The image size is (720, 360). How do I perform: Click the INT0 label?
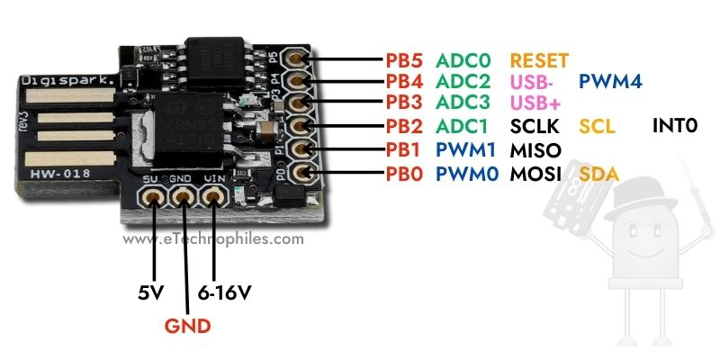pos(675,126)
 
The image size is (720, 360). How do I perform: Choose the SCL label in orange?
pos(597,126)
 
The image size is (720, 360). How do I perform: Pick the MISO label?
pos(535,148)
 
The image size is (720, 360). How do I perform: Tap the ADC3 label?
pos(464,103)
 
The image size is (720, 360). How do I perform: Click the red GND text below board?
pos(187,325)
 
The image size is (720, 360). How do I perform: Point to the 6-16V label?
pos(222,292)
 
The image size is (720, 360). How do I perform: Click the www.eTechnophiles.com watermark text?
pos(213,239)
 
